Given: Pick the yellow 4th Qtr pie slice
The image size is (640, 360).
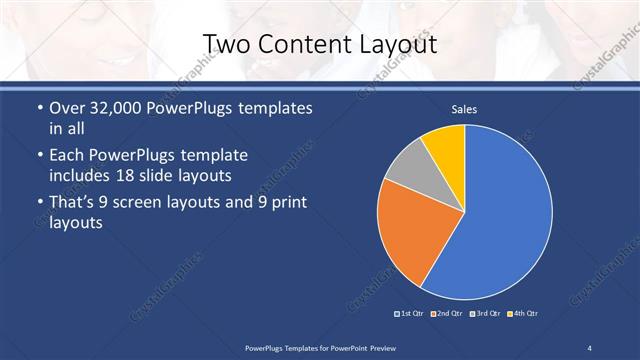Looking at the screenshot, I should (x=446, y=146).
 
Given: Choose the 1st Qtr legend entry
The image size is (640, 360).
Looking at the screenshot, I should (x=409, y=314).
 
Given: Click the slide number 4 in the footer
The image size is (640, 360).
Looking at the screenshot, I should (x=590, y=346).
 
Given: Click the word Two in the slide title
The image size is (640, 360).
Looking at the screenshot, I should (x=226, y=45).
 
